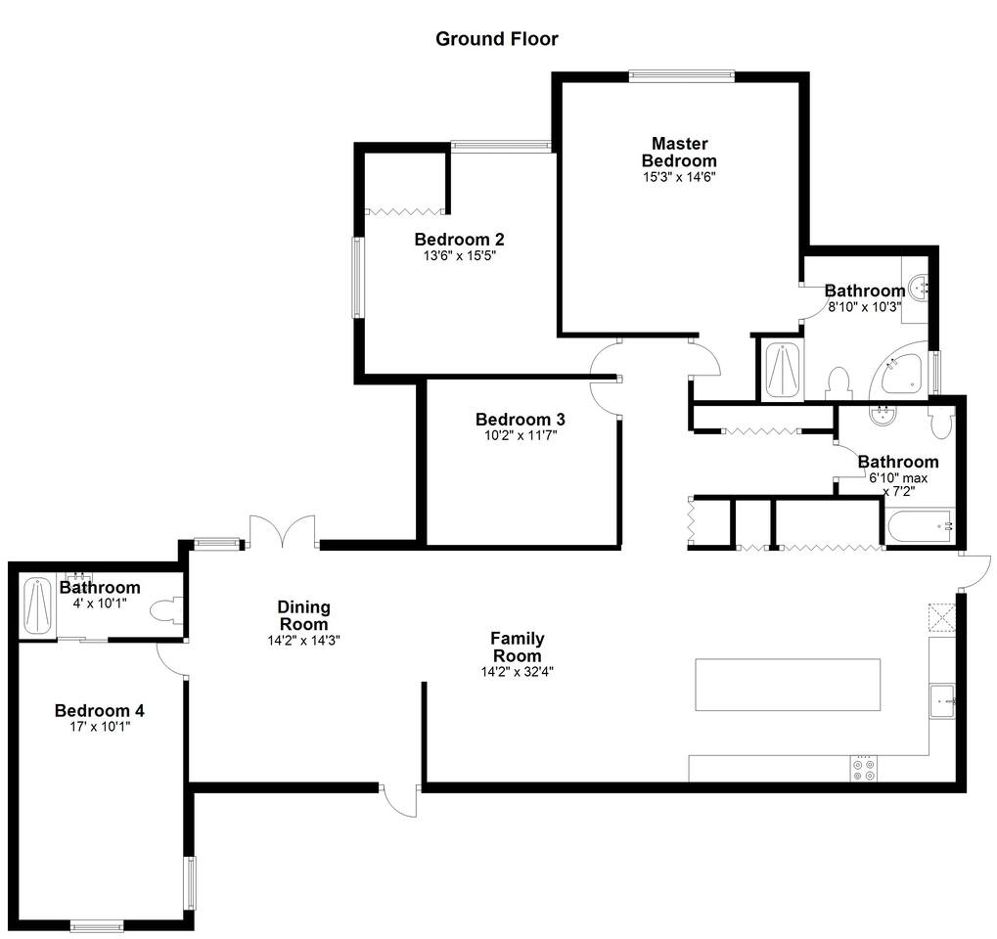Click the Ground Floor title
tap(497, 39)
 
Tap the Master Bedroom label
tap(679, 152)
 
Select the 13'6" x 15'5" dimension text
tap(459, 256)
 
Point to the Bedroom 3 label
tap(521, 420)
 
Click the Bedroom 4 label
tap(100, 711)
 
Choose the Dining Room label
tap(304, 615)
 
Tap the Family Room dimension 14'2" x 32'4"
tap(518, 672)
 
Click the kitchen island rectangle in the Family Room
tap(788, 685)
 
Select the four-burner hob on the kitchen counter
tap(864, 769)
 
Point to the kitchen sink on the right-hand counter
tap(942, 700)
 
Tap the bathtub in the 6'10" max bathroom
tap(920, 526)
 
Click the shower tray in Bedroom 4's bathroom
tap(37, 606)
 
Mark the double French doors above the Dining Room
tap(283, 531)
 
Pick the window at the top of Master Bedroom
tap(682, 76)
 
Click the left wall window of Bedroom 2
tap(359, 278)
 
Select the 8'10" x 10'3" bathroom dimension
tap(865, 307)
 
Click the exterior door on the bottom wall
tap(400, 800)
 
